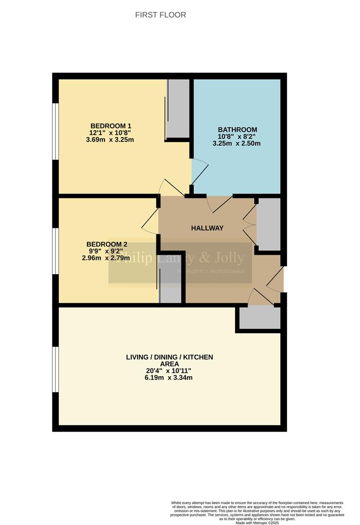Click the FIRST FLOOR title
coord(160,15)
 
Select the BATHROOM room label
coord(236,129)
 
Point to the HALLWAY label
coord(207,228)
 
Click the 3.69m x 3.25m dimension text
coord(110,140)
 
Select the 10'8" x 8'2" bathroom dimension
coord(236,137)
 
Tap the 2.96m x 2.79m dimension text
coord(106,258)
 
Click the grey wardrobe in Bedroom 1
coord(178,108)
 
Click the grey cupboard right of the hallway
coord(268,224)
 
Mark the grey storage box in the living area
coord(260,318)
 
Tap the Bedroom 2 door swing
coord(150,221)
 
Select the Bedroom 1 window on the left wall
coord(56,131)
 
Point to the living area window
coord(56,369)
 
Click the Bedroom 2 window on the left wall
coord(56,250)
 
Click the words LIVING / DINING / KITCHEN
coord(169,357)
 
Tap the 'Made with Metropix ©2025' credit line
coord(257,523)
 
